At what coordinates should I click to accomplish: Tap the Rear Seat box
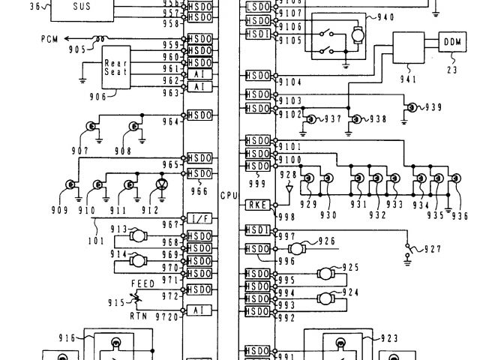pos(115,67)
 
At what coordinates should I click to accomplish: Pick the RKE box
pos(257,203)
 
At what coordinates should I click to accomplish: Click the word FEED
pos(143,285)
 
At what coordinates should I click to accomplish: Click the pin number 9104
pos(290,81)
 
